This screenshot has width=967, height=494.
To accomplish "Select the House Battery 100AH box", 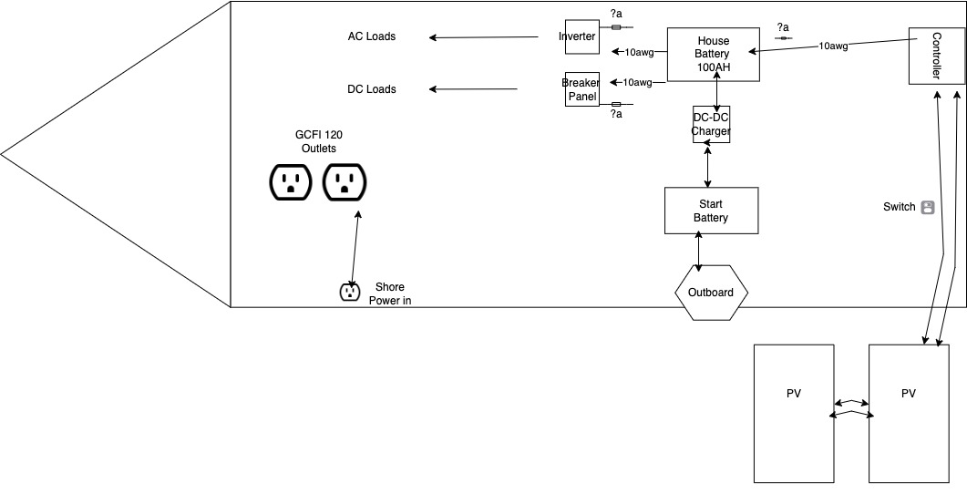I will (x=713, y=54).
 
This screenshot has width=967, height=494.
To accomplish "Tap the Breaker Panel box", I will (x=581, y=89).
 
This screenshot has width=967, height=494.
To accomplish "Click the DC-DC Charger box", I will (x=711, y=125).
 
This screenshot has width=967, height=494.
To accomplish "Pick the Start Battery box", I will (x=710, y=211).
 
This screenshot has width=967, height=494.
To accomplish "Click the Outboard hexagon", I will (x=711, y=293).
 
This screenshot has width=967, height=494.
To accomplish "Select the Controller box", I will (x=935, y=57).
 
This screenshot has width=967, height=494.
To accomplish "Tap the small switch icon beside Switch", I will (x=928, y=207).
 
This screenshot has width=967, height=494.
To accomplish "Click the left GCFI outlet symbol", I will (x=291, y=181).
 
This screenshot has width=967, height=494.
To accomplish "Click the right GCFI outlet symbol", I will (x=345, y=181).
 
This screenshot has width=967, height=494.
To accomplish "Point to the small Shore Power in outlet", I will (x=349, y=292).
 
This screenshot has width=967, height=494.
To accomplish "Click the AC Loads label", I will (x=372, y=36).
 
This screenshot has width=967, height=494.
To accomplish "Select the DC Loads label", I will (x=372, y=89).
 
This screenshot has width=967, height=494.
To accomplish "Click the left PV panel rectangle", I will (x=794, y=413).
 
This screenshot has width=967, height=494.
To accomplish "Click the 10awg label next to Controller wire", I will (x=833, y=46).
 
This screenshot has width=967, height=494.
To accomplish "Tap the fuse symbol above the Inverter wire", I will (x=616, y=27).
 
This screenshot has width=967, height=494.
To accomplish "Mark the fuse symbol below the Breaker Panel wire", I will (x=616, y=104).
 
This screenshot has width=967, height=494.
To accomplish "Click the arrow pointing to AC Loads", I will (x=484, y=37).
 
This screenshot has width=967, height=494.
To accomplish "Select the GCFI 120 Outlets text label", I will (x=319, y=141).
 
